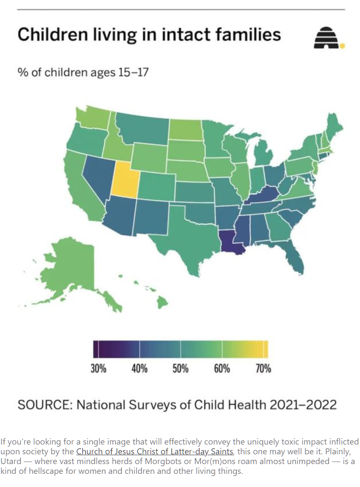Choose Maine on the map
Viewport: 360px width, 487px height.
[x=334, y=126]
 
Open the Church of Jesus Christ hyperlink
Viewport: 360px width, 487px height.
[x=155, y=451]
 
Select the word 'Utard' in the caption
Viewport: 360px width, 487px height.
[x=11, y=461]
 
